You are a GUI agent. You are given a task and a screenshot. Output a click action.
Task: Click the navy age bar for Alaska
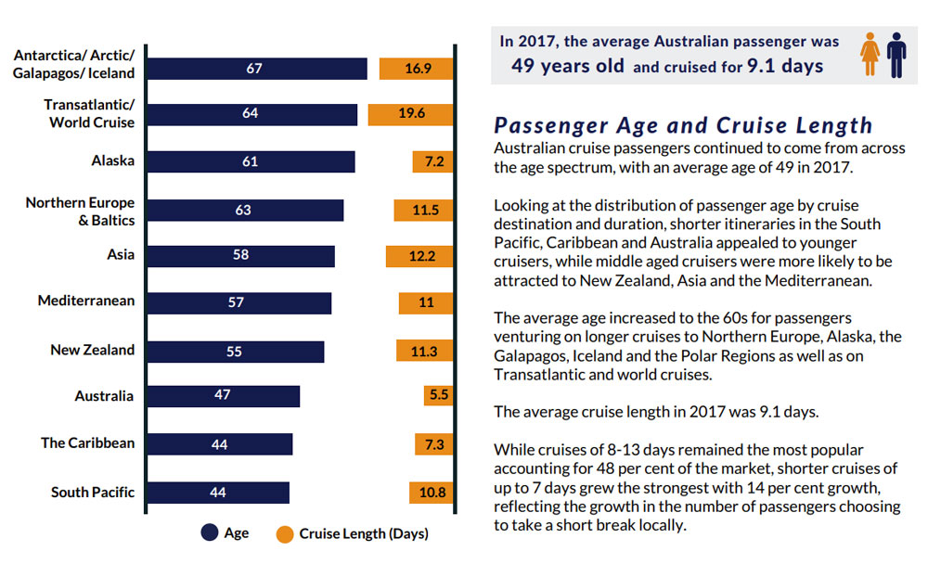pos(251,161)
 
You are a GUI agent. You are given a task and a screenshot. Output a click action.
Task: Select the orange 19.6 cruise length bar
pos(410,114)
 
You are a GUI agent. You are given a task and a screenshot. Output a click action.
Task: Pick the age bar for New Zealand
pos(235,352)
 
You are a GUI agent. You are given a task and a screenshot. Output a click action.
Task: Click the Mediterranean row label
pos(86,301)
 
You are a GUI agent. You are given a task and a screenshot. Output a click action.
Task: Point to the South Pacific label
pos(93,492)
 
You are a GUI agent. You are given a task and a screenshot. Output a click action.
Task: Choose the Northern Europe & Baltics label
pos(80,211)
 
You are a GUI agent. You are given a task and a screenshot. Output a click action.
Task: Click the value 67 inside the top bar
pos(255,69)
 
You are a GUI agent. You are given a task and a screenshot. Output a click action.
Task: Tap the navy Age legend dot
pos(209,533)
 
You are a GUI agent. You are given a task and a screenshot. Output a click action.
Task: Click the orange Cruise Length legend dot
pos(284,533)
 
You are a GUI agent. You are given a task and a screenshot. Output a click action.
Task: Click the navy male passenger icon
pos(896,54)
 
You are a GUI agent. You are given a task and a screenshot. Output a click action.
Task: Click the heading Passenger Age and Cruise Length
pos(683,125)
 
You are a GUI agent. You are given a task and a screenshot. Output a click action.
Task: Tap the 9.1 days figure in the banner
pos(785,66)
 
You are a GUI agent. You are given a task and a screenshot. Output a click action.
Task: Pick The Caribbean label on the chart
pos(87,442)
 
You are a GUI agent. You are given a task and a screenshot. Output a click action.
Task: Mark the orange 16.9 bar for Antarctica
pos(416,69)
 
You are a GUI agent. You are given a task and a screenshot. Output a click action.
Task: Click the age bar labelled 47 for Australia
pos(223,396)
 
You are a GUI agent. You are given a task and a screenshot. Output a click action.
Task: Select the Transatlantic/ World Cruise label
pos(89,113)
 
